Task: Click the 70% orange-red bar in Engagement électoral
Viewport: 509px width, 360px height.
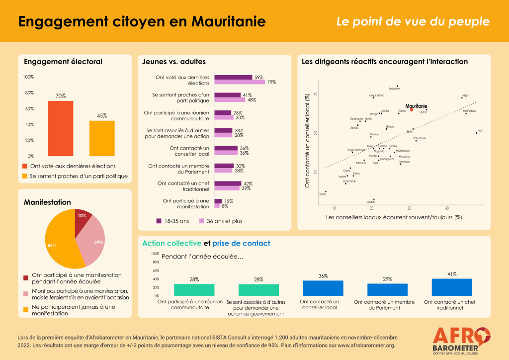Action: (x=61, y=128)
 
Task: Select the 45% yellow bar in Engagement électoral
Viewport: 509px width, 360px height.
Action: (x=102, y=138)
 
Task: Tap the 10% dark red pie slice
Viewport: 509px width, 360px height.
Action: (x=83, y=217)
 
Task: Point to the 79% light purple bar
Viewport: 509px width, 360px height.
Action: (x=240, y=82)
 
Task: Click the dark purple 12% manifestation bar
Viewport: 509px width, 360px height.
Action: (x=218, y=201)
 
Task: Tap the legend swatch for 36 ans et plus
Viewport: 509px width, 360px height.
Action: (x=202, y=221)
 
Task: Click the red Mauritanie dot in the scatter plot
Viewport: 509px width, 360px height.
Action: (x=411, y=109)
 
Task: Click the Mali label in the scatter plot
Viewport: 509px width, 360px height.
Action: (x=480, y=131)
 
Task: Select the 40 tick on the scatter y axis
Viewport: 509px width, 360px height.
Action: (x=315, y=94)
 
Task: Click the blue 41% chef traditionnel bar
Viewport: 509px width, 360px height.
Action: (x=451, y=287)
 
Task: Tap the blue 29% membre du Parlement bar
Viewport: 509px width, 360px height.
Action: (x=387, y=289)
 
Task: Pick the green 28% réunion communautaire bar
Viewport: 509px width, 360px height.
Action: (x=194, y=289)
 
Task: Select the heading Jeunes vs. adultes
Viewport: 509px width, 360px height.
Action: (x=173, y=62)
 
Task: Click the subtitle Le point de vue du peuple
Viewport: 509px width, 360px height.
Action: (x=413, y=22)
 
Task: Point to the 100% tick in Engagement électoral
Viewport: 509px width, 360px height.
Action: (x=28, y=77)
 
